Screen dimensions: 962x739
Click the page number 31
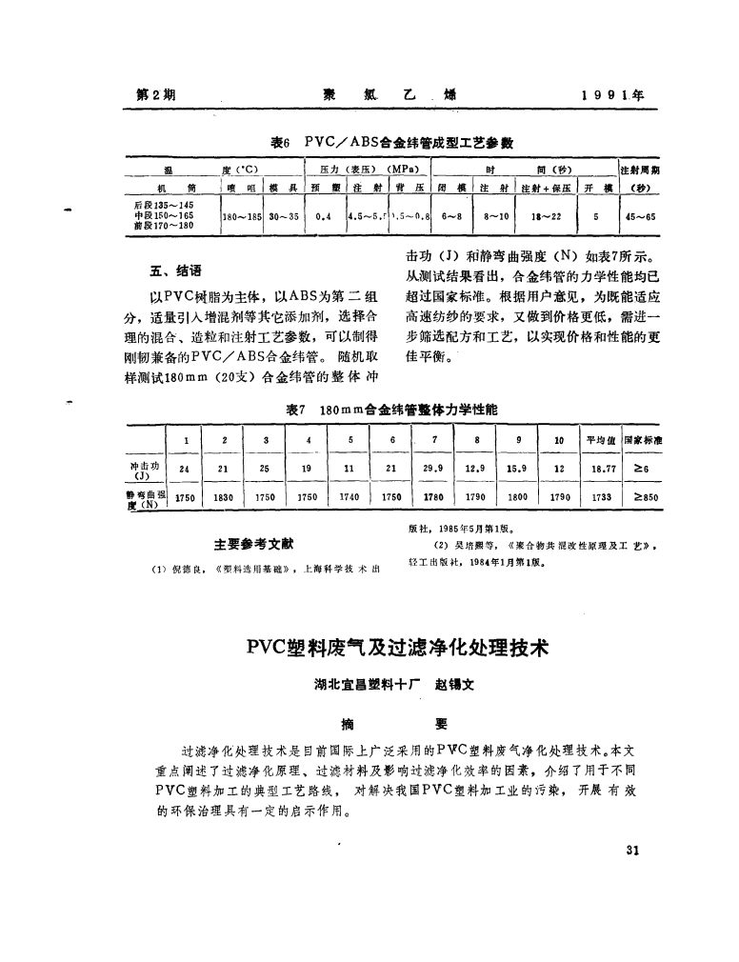[x=629, y=852]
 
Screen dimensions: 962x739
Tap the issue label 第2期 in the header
[x=154, y=95]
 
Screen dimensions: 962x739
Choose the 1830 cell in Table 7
[x=224, y=497]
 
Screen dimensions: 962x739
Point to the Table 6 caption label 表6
[x=279, y=143]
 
